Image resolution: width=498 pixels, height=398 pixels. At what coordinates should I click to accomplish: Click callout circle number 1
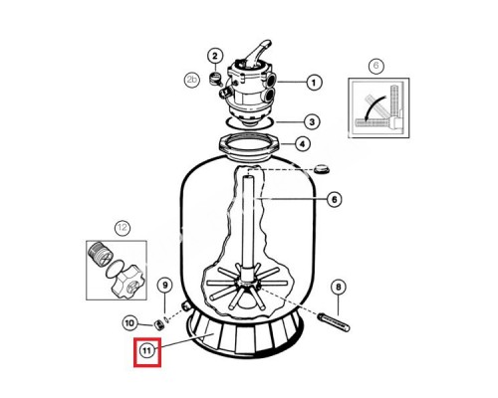314,83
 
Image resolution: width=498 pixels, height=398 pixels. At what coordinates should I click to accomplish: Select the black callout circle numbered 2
215,56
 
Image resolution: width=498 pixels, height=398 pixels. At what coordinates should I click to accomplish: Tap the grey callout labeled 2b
192,80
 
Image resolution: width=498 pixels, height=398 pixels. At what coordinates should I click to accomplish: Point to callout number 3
312,121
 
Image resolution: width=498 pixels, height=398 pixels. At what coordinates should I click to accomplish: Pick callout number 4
302,144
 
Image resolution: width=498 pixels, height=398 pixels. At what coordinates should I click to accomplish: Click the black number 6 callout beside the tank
334,199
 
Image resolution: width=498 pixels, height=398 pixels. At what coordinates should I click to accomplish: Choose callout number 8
339,287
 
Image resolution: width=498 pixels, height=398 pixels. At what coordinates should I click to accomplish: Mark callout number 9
165,285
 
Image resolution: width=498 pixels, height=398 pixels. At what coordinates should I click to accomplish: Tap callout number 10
129,322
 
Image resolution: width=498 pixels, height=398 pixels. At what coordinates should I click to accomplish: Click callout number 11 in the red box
147,350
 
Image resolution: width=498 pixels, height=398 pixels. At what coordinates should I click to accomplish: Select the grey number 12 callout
123,228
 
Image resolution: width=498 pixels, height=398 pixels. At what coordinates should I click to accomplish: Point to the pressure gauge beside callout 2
215,79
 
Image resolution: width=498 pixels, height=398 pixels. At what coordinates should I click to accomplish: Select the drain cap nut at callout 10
158,324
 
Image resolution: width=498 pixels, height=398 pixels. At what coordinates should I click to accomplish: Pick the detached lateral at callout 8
334,321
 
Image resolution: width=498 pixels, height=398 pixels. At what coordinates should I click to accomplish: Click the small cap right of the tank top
322,169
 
